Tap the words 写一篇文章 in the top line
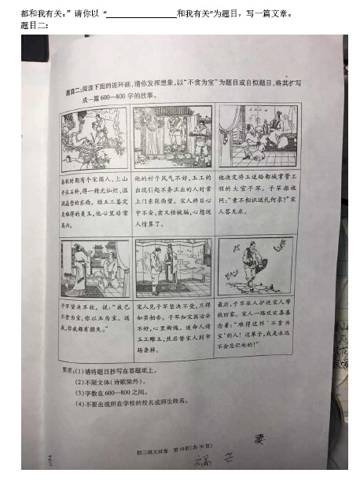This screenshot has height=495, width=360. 269,13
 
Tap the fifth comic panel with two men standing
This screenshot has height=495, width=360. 172,265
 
